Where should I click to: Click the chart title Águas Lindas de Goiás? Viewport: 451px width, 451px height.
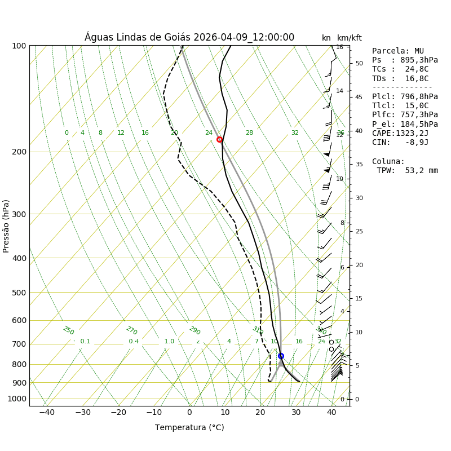point(189,37)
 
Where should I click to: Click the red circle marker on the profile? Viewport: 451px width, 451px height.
point(219,139)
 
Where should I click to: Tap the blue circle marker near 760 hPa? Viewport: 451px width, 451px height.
point(281,356)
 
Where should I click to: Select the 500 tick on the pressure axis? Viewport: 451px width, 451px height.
point(19,293)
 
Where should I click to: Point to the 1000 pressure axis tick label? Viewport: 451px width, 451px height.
point(17,399)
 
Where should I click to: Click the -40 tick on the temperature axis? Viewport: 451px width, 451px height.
point(47,413)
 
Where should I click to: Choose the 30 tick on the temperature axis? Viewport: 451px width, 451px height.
point(296,413)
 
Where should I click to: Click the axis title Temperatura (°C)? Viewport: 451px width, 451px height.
point(189,427)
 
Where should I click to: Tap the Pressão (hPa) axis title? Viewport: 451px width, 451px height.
point(6,225)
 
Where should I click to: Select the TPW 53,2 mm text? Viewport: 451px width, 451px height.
point(407,170)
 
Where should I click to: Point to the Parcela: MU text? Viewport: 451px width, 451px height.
point(398,51)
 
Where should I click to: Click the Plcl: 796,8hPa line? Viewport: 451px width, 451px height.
point(405,96)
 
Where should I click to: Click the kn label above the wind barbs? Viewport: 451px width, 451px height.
point(326,38)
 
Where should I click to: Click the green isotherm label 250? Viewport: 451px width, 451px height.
point(68,330)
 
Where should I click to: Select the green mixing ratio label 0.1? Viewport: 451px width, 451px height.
point(85,341)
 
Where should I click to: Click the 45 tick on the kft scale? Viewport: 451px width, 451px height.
point(359,97)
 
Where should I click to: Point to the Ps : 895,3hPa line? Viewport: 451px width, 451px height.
point(405,60)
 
